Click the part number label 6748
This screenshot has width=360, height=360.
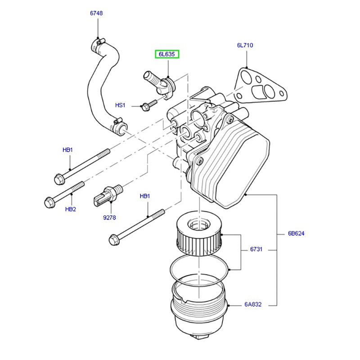pos(96,13)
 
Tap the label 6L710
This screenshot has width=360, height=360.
pos(245,45)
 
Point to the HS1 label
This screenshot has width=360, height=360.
pos(120,105)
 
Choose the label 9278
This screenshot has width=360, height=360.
pos(109,217)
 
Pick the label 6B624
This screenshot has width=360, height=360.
pos(297,234)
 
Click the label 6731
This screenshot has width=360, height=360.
pos(257,249)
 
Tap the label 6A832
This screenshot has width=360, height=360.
pos(253,305)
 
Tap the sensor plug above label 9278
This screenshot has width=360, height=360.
pos(108,194)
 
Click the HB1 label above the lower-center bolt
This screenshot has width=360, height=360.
pos(145,196)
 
